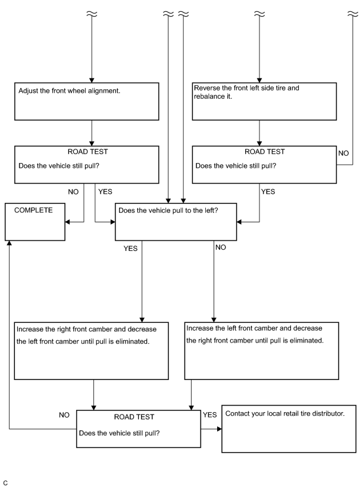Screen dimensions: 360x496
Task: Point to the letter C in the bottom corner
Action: tap(5, 483)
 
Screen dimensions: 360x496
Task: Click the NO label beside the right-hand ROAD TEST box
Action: tap(343, 153)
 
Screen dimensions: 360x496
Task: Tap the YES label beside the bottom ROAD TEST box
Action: tap(209, 415)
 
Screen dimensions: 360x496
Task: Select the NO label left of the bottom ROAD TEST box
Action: tap(64, 415)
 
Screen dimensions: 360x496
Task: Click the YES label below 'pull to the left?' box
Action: tap(130, 249)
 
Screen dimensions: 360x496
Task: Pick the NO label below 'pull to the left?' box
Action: tap(221, 247)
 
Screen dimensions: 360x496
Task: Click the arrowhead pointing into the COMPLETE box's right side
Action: tap(67, 222)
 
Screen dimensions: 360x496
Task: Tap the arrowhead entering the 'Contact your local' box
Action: tap(220, 429)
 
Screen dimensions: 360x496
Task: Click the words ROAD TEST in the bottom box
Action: tap(134, 417)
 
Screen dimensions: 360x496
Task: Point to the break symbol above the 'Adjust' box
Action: tap(92, 14)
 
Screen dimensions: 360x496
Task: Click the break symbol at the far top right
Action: tap(353, 14)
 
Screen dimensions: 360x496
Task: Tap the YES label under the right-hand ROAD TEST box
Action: tap(268, 192)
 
